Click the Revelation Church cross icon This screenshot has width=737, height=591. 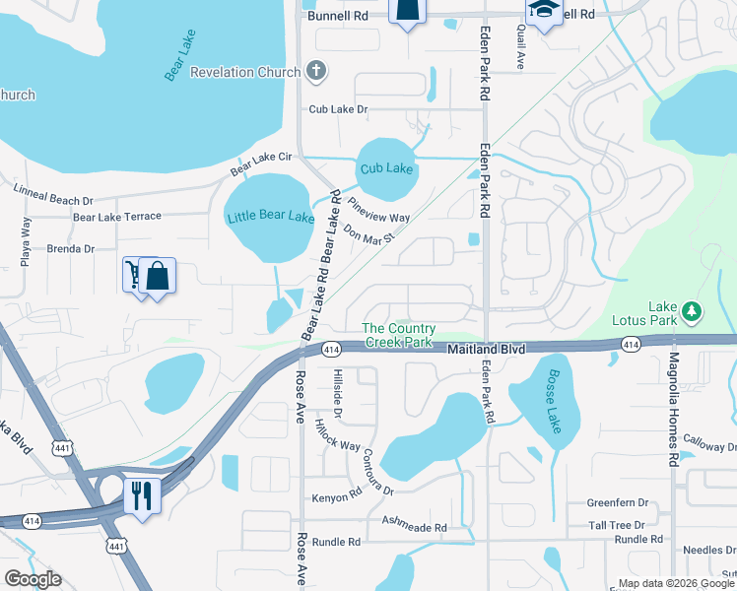315,71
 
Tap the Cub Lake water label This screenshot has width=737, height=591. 386,168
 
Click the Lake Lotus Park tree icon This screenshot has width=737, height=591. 693,312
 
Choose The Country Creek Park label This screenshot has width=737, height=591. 398,335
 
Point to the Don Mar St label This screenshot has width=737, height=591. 369,234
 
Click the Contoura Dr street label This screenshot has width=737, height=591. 377,472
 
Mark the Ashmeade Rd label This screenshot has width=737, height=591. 414,528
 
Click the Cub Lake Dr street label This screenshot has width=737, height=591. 337,110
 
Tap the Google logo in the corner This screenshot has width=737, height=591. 33,579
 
